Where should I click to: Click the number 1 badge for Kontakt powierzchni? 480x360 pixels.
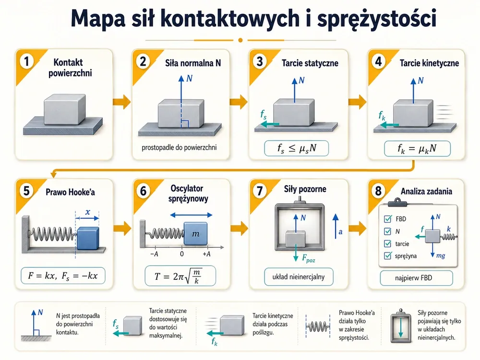coord(26,61)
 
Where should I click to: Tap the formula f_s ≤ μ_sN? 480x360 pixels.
coord(296,148)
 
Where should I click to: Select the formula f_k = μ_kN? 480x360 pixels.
coord(417,149)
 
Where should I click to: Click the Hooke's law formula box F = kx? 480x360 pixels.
coord(63,276)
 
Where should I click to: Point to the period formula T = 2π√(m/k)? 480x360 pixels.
coord(180,276)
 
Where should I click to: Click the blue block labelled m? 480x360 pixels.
coord(195,234)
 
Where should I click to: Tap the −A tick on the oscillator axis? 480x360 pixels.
coord(154,254)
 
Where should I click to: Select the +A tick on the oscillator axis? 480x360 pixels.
coord(206,254)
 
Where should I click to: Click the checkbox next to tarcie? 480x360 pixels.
coord(387,244)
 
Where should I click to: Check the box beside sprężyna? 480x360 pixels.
coord(387,256)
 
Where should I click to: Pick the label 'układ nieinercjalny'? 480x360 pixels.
coord(299,277)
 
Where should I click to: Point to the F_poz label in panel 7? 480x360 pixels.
coord(308,259)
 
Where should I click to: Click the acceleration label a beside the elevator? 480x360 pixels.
coord(340,232)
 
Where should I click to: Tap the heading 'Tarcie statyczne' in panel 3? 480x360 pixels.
coord(310,63)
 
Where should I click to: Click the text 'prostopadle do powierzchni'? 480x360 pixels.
coord(179,147)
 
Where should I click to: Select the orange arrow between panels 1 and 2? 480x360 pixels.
coord(121,102)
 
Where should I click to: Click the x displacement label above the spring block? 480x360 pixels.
coord(88,212)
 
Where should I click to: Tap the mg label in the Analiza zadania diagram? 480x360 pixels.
coord(441,256)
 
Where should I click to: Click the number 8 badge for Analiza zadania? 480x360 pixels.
coord(378,191)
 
